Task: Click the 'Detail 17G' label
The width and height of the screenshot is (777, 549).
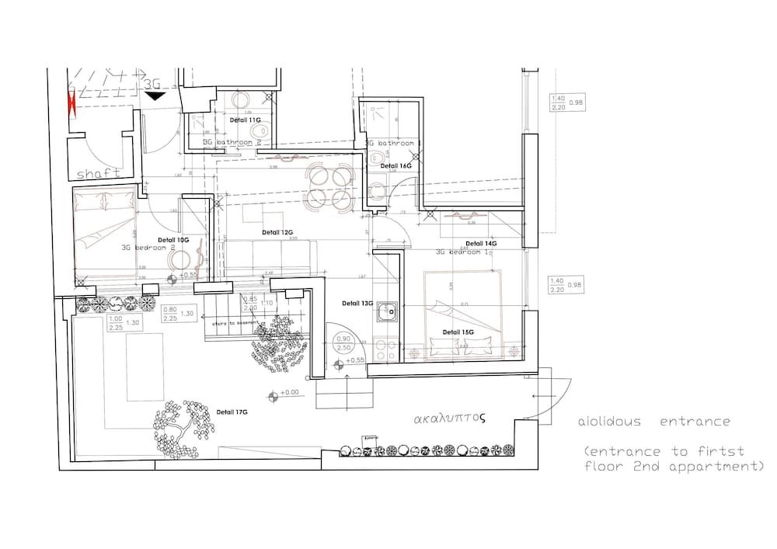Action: pos(232,412)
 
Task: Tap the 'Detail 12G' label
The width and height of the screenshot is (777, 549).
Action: pos(277,232)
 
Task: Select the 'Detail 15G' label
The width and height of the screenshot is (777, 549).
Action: pos(458,332)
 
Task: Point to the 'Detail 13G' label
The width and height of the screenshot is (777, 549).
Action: pos(357,304)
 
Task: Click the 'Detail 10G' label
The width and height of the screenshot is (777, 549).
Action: pos(172,240)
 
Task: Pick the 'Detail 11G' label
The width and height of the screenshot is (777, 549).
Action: pos(245,120)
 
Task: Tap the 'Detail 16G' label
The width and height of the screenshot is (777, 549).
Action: pos(395,166)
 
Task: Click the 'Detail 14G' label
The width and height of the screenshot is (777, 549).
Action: pos(481,243)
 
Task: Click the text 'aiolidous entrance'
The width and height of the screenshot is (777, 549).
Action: pos(653,422)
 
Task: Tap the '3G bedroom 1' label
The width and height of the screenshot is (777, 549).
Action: pos(462,252)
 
